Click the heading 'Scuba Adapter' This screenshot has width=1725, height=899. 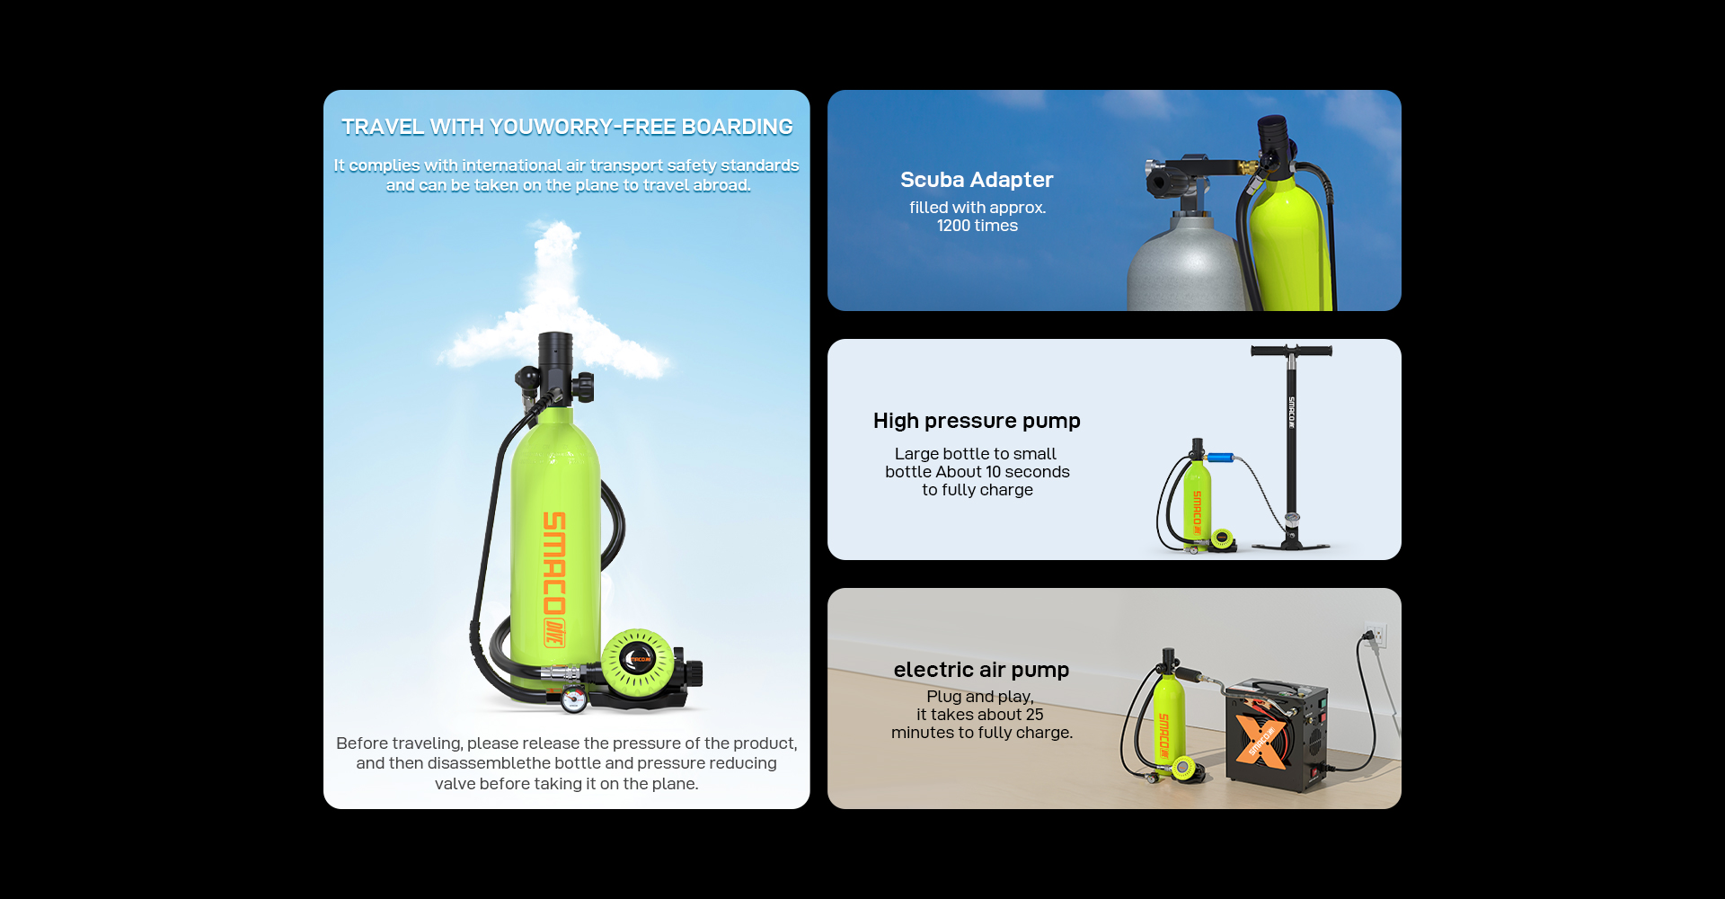(977, 180)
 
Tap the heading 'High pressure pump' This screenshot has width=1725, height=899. (977, 421)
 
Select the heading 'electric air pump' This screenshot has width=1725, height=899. (981, 670)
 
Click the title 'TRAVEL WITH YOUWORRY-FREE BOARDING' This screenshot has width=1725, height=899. (567, 127)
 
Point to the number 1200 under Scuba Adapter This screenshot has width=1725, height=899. (954, 226)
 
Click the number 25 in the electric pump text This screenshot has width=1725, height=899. (1034, 715)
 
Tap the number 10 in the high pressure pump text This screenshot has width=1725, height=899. (993, 472)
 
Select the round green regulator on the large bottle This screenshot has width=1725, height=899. (637, 661)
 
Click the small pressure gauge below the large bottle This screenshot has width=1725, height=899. (574, 699)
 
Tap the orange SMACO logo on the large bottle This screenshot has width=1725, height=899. (554, 578)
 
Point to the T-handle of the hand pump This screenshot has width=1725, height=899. (1291, 351)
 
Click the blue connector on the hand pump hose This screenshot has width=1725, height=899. (1219, 458)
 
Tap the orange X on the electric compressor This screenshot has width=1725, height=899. (1261, 741)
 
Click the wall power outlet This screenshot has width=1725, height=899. (1376, 635)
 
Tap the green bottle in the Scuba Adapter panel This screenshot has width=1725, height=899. (1291, 243)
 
